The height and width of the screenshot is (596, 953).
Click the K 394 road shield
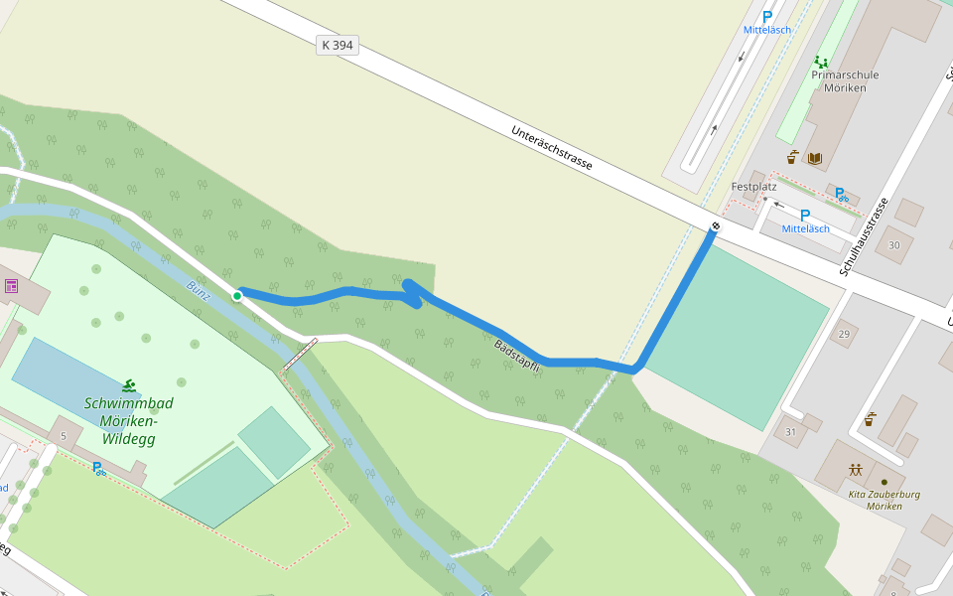pos(338,45)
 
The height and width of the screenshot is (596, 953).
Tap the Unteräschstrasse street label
pos(552,147)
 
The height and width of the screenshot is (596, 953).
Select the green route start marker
pos(237,296)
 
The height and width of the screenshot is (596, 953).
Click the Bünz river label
pos(198,291)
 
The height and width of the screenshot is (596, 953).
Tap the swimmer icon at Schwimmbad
pos(130,385)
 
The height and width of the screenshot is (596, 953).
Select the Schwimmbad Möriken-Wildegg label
pos(129,420)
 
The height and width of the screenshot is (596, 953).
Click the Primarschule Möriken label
pos(845,80)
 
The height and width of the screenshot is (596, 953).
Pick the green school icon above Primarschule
pos(820,63)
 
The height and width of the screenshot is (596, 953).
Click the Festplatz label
pos(753,187)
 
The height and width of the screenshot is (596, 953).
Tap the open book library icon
pos(814,158)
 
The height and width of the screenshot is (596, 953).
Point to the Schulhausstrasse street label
pos(864,236)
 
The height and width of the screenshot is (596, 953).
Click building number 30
pos(894,245)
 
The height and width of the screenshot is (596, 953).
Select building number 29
pos(845,333)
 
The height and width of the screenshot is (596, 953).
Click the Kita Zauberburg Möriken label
pos(884,500)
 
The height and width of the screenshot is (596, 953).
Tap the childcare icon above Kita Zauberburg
pos(855,469)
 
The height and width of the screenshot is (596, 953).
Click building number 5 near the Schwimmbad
pos(63,435)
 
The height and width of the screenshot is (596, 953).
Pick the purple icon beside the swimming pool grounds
pos(12,287)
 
